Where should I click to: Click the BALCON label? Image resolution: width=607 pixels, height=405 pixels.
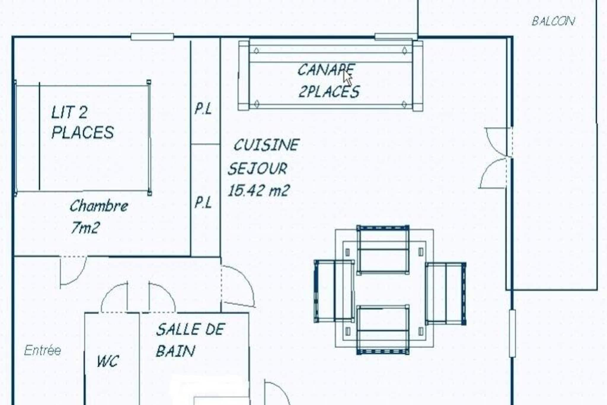(553, 21)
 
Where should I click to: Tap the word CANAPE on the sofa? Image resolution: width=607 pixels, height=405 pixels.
(326, 70)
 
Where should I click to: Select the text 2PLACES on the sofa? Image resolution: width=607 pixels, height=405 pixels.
(329, 91)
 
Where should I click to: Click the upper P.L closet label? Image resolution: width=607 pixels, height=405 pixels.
(203, 109)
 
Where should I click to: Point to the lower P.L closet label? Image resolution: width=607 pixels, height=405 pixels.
(203, 203)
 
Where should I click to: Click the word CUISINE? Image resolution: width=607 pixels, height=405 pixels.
(266, 145)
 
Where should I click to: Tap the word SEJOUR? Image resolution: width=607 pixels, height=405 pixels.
(257, 169)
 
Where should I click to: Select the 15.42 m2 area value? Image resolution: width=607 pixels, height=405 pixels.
(259, 190)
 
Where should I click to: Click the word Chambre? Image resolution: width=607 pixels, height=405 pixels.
(99, 206)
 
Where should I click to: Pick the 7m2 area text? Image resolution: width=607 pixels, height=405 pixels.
(85, 228)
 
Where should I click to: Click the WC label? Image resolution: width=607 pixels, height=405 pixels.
(108, 361)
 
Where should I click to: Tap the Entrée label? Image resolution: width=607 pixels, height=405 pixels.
(43, 350)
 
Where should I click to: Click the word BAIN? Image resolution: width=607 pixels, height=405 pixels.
(175, 351)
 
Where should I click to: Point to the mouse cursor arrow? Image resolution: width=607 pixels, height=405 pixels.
(348, 78)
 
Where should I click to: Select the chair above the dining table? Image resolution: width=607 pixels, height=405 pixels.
(383, 250)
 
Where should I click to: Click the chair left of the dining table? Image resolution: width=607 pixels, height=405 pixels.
(334, 291)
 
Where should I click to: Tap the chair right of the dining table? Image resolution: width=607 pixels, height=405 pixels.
(445, 293)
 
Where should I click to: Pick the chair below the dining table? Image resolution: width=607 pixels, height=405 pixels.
(383, 330)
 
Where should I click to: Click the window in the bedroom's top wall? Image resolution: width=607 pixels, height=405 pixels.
(152, 37)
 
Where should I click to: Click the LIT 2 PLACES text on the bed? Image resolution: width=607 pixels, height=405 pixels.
(82, 122)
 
